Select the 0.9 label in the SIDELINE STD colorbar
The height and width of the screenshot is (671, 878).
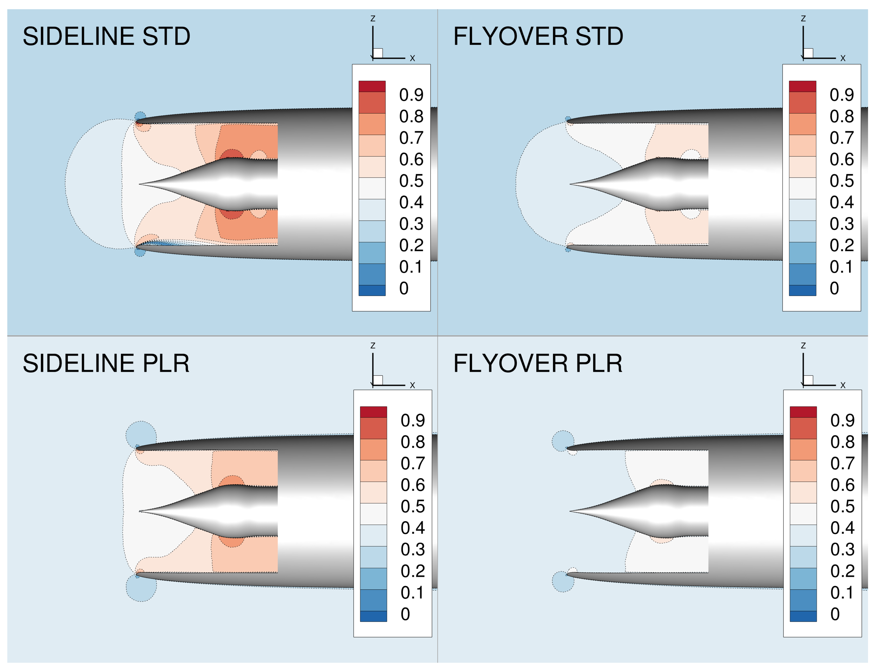(411, 95)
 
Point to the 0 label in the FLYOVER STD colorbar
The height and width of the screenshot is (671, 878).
(834, 288)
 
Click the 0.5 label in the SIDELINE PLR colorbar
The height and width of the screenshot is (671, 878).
(413, 506)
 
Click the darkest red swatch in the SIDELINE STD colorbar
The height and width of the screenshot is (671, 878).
(372, 86)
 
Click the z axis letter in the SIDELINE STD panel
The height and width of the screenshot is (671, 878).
(373, 19)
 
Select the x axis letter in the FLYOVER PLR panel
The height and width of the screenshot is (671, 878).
(843, 385)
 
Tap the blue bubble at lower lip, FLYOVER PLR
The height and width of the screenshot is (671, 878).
(563, 582)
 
